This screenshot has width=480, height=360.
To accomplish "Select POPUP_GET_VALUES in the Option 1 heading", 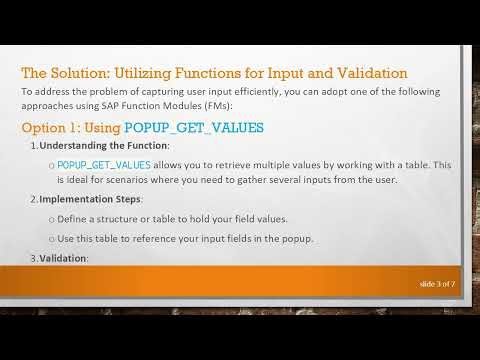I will click(x=194, y=127).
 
